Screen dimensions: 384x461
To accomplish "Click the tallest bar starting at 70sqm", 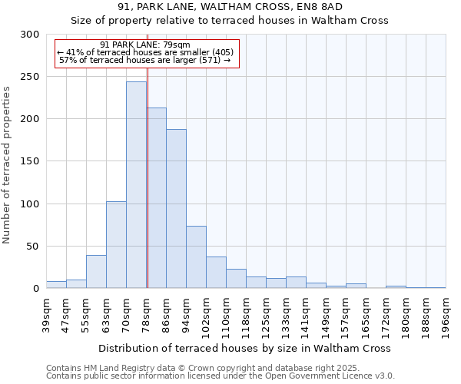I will pos(136,185).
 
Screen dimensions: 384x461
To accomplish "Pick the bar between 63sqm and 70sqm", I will pos(116,245).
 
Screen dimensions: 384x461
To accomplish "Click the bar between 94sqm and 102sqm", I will pos(196,257).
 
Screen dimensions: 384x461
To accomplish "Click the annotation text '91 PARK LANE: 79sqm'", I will pos(144,45).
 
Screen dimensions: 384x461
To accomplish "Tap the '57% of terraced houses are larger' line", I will pos(144,60).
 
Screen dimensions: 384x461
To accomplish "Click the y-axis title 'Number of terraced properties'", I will pos(7,164).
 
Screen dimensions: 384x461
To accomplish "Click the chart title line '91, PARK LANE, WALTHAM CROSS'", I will pos(230,7).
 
